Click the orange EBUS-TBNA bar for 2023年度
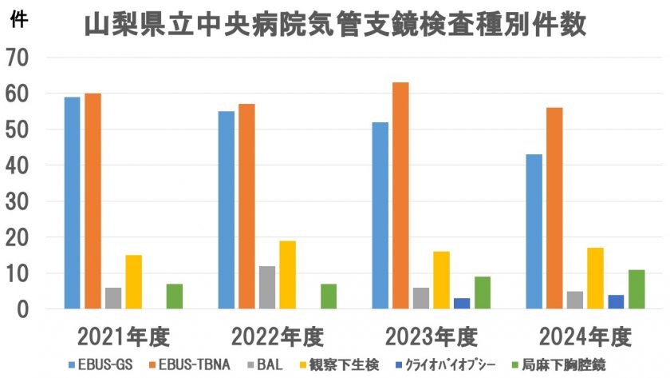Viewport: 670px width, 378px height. (x=400, y=196)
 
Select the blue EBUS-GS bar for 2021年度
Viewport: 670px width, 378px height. (x=73, y=203)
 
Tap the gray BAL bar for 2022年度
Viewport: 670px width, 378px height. (x=267, y=288)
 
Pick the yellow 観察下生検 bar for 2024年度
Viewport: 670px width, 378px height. (x=595, y=278)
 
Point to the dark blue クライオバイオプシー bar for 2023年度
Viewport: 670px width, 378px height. (x=462, y=304)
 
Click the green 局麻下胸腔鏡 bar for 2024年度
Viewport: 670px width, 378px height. (x=636, y=289)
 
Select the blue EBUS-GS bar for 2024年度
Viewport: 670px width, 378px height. (x=534, y=232)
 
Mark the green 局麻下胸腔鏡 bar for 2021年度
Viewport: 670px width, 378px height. (x=175, y=296)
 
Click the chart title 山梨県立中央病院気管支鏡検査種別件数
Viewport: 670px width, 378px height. (x=335, y=26)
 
